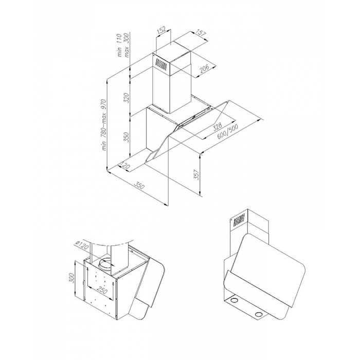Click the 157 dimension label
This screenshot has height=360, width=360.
click(201, 33)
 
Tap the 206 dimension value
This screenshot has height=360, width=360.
click(204, 68)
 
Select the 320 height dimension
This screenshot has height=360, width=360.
click(127, 98)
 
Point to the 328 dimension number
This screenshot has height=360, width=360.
click(217, 127)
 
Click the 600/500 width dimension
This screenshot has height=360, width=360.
click(227, 131)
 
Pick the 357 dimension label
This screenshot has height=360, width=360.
click(197, 174)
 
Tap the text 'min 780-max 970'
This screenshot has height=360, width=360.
click(104, 124)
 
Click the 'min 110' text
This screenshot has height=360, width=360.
click(119, 45)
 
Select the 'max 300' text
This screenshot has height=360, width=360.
click(127, 45)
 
